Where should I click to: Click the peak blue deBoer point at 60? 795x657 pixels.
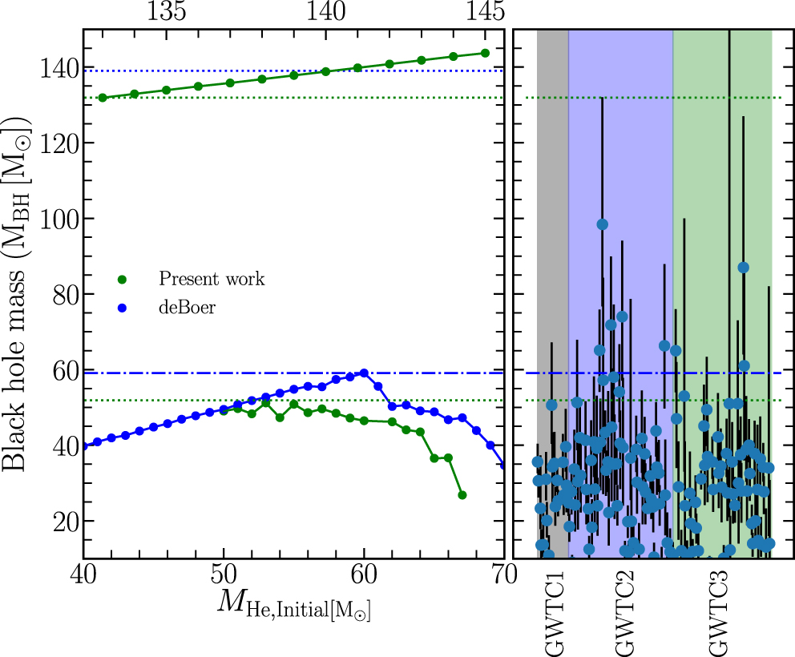coord(364,373)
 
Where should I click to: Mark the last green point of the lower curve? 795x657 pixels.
coord(462,495)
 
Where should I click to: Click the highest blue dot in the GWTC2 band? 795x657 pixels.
coord(602,224)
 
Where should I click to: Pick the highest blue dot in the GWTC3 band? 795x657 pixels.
coord(743,268)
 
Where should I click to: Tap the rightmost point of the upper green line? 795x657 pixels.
coord(485,54)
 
